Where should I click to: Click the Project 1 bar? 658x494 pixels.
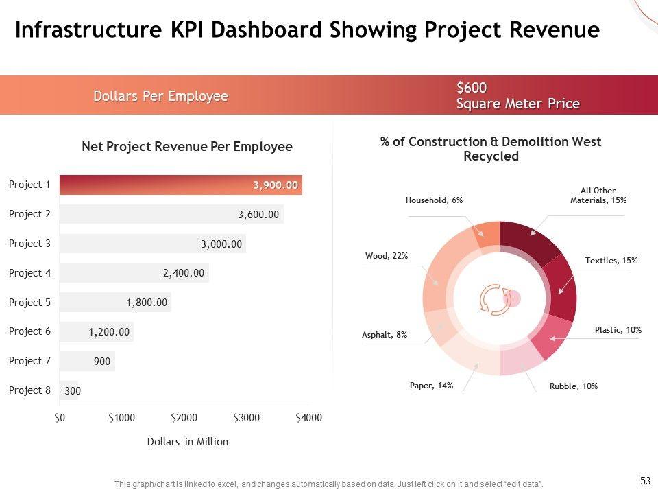pyautogui.click(x=181, y=185)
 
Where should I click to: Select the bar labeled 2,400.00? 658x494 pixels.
pyautogui.click(x=134, y=273)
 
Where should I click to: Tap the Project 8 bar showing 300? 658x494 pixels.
pyautogui.click(x=69, y=390)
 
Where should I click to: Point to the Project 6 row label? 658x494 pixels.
pyautogui.click(x=29, y=331)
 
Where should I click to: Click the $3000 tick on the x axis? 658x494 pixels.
pyautogui.click(x=246, y=418)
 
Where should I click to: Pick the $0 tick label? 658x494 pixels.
pyautogui.click(x=60, y=418)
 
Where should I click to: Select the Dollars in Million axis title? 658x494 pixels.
pyautogui.click(x=187, y=442)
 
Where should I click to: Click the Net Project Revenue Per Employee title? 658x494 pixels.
pyautogui.click(x=186, y=147)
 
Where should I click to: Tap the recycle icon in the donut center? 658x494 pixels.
pyautogui.click(x=493, y=299)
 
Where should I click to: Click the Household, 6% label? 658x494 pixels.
pyautogui.click(x=434, y=200)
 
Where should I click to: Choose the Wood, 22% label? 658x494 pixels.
pyautogui.click(x=387, y=256)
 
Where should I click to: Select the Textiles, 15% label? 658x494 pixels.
pyautogui.click(x=611, y=261)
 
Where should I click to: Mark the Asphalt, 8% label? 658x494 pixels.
pyautogui.click(x=385, y=335)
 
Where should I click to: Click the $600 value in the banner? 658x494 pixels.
pyautogui.click(x=472, y=88)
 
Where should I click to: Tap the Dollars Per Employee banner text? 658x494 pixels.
pyautogui.click(x=160, y=96)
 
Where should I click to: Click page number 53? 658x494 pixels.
pyautogui.click(x=645, y=481)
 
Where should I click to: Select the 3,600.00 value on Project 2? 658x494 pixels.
pyautogui.click(x=258, y=215)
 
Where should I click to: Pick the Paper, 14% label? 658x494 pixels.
pyautogui.click(x=431, y=386)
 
